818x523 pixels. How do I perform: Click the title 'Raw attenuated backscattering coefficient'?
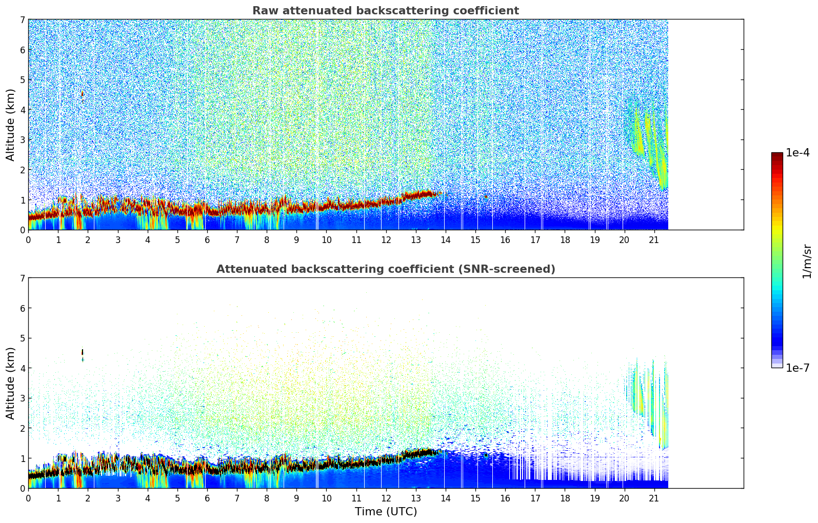[385, 11]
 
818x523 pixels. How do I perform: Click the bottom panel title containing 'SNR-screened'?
[385, 269]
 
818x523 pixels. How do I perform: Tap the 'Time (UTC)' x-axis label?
[386, 511]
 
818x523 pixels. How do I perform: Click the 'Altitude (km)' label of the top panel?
[11, 125]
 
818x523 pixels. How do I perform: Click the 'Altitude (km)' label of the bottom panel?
[11, 383]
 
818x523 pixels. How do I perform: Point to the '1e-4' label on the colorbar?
[797, 153]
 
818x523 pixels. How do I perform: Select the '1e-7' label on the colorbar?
[797, 368]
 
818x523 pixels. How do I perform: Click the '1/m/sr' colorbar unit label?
[807, 261]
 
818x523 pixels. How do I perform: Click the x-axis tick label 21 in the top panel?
[654, 239]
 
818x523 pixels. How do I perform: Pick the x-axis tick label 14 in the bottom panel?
[445, 498]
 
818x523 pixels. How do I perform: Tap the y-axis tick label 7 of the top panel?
[22, 20]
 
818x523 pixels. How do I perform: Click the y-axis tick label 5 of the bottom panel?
[22, 338]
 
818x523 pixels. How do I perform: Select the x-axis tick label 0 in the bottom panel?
[28, 498]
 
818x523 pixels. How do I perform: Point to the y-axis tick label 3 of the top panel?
[22, 140]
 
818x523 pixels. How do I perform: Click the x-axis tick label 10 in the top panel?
[326, 239]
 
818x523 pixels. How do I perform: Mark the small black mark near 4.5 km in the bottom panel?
[83, 352]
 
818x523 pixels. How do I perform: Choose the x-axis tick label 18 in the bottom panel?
[565, 498]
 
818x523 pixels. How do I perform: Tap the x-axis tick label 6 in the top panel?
[207, 239]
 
